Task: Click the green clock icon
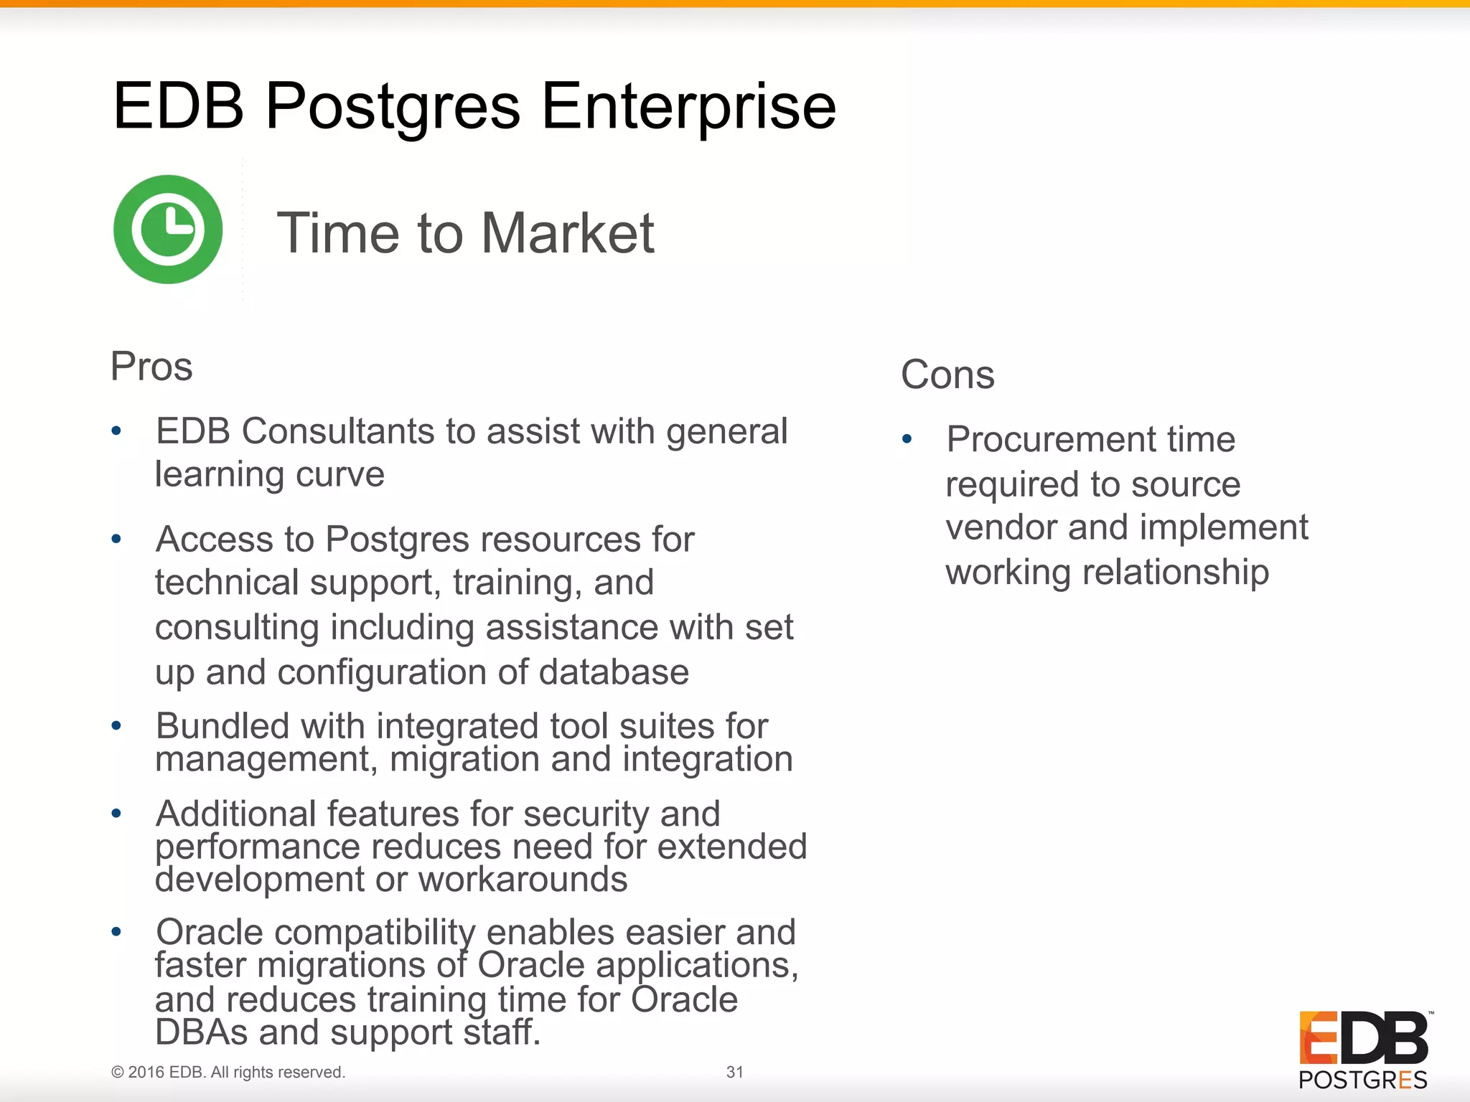coord(168,230)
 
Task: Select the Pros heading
coord(151,367)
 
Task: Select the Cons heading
coord(947,375)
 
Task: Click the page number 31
coord(734,1072)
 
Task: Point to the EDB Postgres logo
coord(1363,1049)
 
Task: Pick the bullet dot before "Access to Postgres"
coord(116,539)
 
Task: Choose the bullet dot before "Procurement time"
coord(907,438)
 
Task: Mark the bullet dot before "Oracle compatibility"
coord(116,932)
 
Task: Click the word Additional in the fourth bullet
coord(236,814)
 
